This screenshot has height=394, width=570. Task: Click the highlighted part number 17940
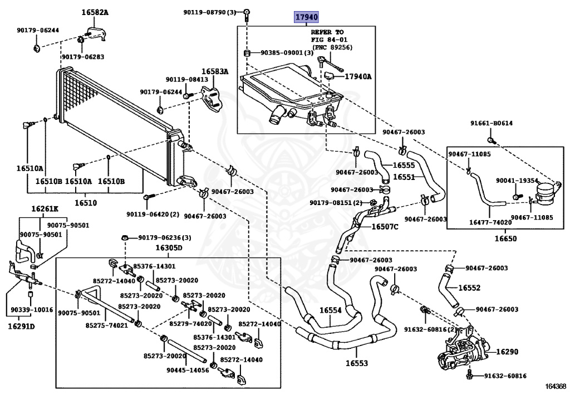coord(307,17)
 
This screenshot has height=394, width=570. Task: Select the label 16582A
coord(95,12)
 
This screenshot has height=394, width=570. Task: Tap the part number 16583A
coord(215,71)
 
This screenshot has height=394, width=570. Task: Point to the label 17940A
coord(358,76)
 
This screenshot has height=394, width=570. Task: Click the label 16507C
coord(385,227)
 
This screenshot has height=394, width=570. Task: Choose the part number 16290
coord(507,352)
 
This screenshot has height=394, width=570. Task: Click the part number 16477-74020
coord(490,222)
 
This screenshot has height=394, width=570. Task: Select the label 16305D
coord(169,247)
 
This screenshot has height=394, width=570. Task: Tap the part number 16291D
coord(21,325)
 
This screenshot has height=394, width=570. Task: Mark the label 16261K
coord(45,209)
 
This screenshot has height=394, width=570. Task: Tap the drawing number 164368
coord(555,386)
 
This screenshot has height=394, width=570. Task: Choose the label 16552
coord(469,288)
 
